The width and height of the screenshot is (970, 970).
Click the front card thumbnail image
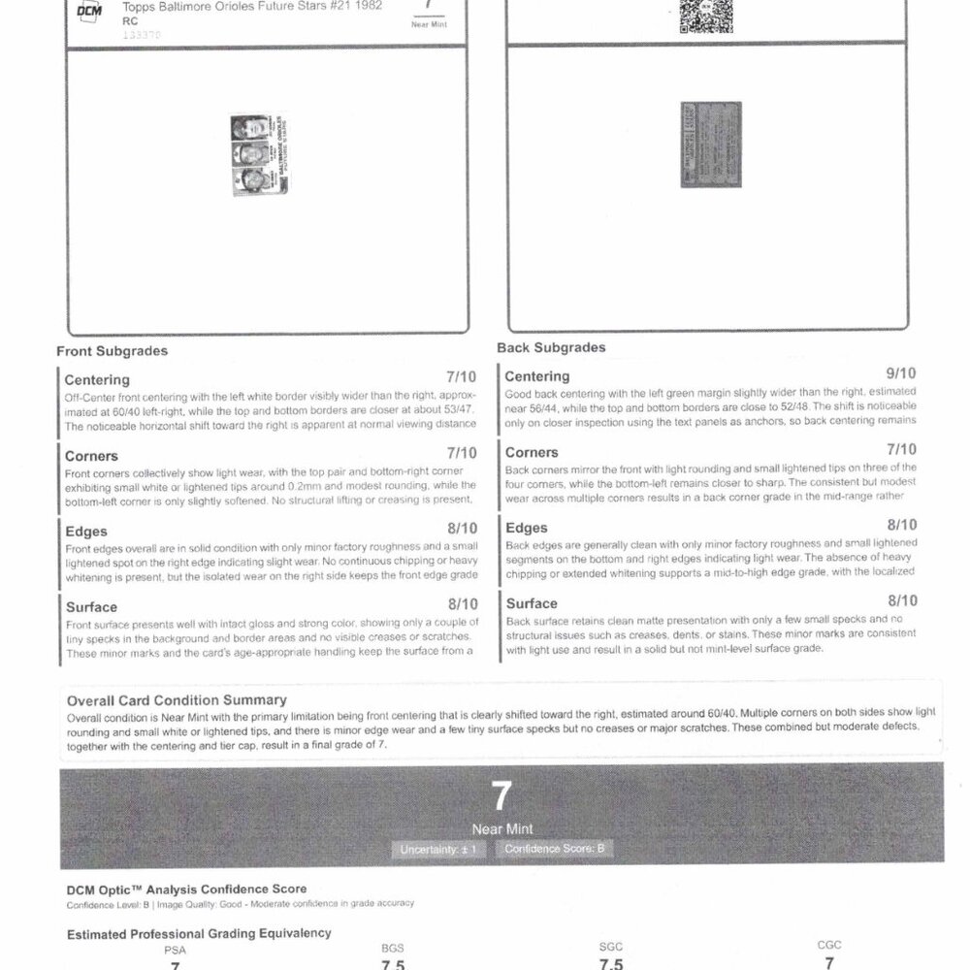[x=249, y=157]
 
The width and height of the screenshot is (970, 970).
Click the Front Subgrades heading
[x=112, y=350]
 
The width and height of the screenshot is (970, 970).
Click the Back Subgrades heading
[x=551, y=346]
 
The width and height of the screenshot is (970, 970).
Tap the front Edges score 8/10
[x=461, y=529]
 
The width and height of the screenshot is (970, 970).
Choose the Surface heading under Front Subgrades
[x=91, y=607]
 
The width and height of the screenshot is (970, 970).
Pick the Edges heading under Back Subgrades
[x=528, y=528]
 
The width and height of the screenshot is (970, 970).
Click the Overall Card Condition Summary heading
[x=176, y=699]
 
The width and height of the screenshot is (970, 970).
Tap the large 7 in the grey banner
[x=501, y=796]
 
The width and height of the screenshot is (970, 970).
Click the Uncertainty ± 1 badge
[x=438, y=849]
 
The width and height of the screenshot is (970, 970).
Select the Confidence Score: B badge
[x=554, y=849]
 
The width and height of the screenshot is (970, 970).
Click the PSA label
[x=175, y=950]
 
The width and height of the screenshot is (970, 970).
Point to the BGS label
[x=392, y=948]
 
